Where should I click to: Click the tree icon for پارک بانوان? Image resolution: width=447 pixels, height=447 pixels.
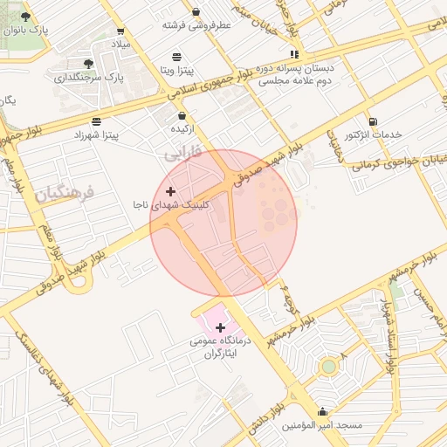click(x=24, y=16)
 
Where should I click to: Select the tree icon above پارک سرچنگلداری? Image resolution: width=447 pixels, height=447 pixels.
click(x=88, y=64)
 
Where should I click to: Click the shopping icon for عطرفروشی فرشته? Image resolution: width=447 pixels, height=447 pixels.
click(x=195, y=12)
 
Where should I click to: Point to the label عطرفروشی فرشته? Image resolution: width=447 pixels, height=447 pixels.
click(x=196, y=25)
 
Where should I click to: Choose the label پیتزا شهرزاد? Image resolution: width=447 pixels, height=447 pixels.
click(x=102, y=134)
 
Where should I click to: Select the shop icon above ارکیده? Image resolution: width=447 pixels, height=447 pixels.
click(x=182, y=115)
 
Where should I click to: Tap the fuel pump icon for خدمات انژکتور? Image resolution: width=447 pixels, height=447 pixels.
click(x=373, y=121)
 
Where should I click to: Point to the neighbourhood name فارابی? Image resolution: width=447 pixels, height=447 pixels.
click(x=182, y=152)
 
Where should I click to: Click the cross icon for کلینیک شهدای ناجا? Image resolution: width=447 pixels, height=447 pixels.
click(x=169, y=190)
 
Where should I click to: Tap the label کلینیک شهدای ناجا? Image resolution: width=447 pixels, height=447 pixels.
click(x=171, y=203)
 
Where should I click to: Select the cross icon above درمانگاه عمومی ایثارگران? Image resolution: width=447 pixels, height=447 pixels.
click(x=220, y=327)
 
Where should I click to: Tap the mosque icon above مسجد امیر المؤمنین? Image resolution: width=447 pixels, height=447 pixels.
click(x=322, y=411)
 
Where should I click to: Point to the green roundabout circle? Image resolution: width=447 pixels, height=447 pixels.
click(x=328, y=367)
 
